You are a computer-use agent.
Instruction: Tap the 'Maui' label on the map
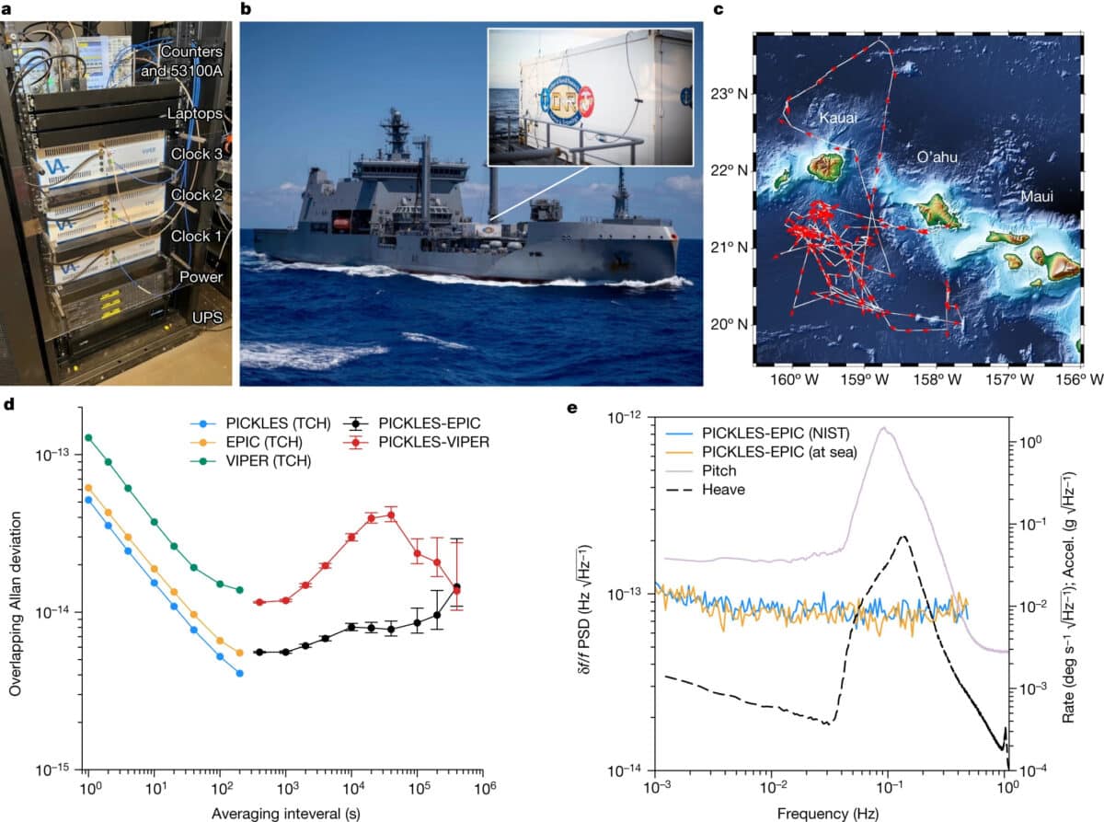[x=1037, y=197]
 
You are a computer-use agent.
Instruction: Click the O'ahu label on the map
[x=938, y=157]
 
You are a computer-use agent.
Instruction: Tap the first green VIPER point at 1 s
[x=88, y=438]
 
